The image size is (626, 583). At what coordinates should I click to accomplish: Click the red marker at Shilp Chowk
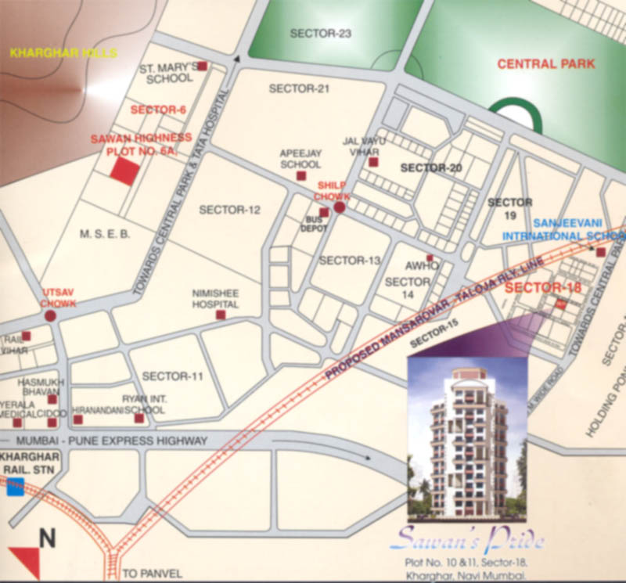[x=340, y=208]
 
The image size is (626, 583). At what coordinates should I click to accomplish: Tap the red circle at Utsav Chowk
[x=51, y=316]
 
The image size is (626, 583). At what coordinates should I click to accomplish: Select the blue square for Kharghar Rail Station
[x=14, y=488]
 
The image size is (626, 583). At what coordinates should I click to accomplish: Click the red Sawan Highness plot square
[x=124, y=171]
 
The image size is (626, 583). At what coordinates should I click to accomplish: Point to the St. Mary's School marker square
[x=202, y=67]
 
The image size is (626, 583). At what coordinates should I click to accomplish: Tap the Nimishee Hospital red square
[x=220, y=315]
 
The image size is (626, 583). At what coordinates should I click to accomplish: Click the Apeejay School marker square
[x=301, y=177]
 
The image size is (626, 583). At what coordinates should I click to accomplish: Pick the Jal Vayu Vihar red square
[x=373, y=162]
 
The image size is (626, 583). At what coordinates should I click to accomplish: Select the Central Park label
[x=546, y=63]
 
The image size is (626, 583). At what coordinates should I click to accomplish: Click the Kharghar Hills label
[x=63, y=53]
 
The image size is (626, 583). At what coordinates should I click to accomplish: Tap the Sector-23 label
[x=320, y=34]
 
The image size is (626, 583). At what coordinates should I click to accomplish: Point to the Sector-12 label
[x=229, y=210]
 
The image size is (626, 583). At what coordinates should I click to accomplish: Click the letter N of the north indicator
[x=48, y=538]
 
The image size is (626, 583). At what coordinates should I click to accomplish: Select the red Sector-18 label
[x=543, y=287]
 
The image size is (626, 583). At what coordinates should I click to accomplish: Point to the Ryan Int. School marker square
[x=139, y=419]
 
